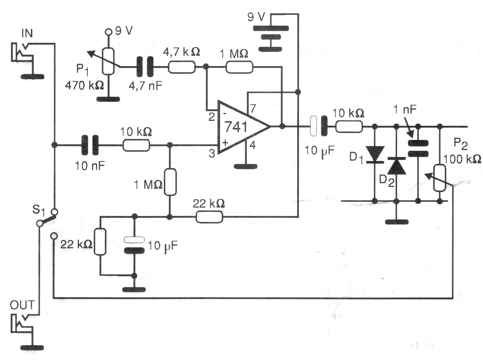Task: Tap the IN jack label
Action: tap(27, 33)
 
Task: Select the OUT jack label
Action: tap(22, 305)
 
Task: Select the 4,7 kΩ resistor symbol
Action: tap(182, 67)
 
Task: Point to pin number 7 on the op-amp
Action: tap(253, 108)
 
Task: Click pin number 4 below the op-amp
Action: tap(253, 145)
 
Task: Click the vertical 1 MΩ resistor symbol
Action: tap(170, 182)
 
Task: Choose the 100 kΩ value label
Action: tap(462, 159)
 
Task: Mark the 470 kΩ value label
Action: tap(84, 86)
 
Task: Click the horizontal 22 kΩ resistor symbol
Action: tap(209, 217)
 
